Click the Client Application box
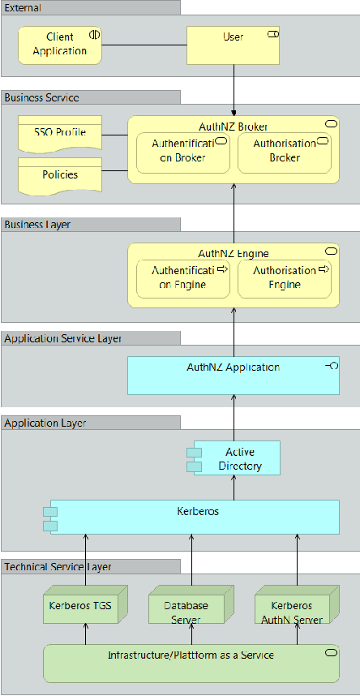click(x=59, y=44)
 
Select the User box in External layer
click(x=234, y=45)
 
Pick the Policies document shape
click(x=59, y=174)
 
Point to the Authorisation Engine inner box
click(x=284, y=277)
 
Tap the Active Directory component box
click(x=237, y=458)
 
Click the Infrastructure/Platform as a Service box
click(x=191, y=663)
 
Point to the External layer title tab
click(x=90, y=7)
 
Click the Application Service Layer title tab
click(x=90, y=338)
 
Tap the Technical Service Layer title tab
click(x=90, y=566)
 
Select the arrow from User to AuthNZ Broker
click(x=234, y=89)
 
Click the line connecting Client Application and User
click(x=144, y=44)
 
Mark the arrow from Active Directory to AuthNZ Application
click(x=234, y=418)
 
